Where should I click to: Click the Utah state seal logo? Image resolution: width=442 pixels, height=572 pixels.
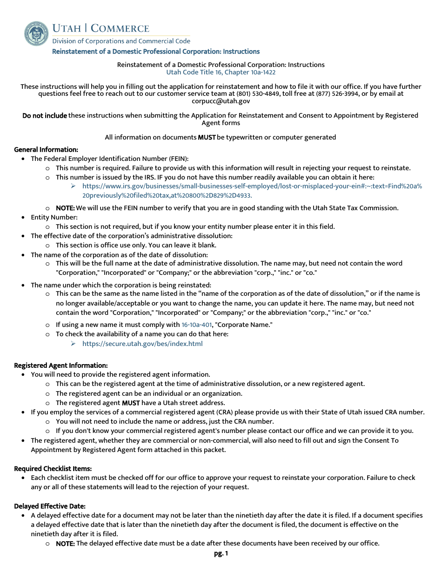[x=36, y=33]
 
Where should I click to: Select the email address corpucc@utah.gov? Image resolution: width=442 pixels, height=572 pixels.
[x=221, y=101]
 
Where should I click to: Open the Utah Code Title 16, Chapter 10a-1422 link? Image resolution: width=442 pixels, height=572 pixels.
[x=221, y=72]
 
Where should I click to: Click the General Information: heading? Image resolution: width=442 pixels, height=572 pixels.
[x=46, y=150]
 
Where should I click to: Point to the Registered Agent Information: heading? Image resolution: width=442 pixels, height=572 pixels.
[x=61, y=366]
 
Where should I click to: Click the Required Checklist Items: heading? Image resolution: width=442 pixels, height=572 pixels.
[x=53, y=469]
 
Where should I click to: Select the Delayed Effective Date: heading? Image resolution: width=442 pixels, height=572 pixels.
[x=50, y=506]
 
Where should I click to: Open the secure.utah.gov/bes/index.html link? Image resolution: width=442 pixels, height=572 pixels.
[x=142, y=344]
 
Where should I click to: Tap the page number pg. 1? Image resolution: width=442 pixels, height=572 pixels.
[x=221, y=553]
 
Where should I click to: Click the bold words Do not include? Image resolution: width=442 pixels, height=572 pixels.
[x=45, y=115]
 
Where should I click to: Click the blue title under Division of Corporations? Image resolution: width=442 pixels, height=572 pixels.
[x=156, y=52]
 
